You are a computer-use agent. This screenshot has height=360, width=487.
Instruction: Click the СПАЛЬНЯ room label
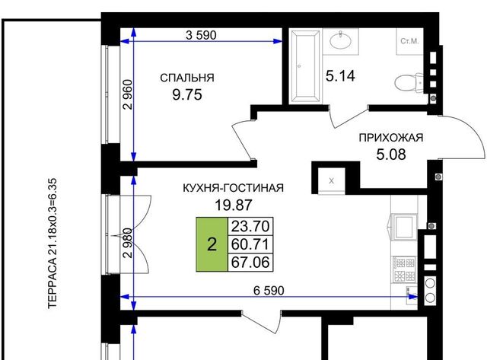pos(187,78)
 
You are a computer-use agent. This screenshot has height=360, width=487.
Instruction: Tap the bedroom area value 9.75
pos(187,94)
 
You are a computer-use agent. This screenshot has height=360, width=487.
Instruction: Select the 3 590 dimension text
pos(201,36)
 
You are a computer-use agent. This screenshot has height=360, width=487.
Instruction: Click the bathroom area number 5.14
pos(340,76)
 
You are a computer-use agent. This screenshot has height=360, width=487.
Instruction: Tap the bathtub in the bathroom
pos(304,66)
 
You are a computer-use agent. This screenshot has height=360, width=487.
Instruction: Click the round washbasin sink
pos(340,40)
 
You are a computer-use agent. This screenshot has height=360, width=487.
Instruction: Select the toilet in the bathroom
pos(409,83)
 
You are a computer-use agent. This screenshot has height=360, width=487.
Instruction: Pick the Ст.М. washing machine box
pos(409,42)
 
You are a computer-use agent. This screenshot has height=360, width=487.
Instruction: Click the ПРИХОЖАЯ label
pos(391,138)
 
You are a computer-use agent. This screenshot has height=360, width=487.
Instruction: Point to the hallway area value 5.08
pos(391,155)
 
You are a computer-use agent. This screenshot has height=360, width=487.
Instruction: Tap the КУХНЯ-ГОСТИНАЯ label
pos(233,188)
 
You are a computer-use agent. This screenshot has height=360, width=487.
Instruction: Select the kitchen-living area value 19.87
pos(234,205)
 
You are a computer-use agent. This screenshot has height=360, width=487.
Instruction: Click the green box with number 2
pos(212,244)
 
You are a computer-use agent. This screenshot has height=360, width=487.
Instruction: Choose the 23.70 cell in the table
pos(250,226)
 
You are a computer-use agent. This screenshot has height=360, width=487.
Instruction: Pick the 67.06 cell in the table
pos(250,263)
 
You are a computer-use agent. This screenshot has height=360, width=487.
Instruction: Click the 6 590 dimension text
pos(269,291)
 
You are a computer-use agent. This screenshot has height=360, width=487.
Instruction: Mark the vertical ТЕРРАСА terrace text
pos(53,244)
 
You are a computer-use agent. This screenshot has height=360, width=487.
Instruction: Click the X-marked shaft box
pos(332,181)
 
